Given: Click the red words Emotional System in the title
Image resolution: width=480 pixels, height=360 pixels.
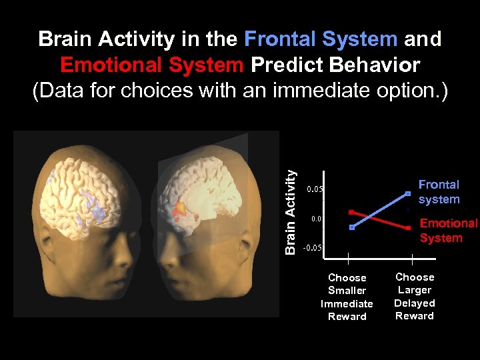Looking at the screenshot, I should coord(152,65).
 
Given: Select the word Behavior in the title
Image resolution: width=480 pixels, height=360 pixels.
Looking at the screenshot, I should coord(378,65).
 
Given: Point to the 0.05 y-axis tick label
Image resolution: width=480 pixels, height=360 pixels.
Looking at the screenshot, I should coord(315,189).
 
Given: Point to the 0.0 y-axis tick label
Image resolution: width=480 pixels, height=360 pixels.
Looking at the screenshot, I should coord(317,219).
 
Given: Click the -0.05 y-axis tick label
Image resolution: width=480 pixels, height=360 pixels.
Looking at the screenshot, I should coord(313,247).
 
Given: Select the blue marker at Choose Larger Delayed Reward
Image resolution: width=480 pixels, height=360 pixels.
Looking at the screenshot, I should coord(408,194).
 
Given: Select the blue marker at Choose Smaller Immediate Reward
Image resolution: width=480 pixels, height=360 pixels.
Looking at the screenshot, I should coord(352,227).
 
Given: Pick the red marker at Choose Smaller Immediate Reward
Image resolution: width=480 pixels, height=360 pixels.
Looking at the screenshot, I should coord(351,212).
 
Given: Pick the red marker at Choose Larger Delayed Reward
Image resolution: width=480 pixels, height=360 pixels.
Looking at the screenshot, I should coord(408,228).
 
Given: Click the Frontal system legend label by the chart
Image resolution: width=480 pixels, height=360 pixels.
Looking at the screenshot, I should coord(439,192).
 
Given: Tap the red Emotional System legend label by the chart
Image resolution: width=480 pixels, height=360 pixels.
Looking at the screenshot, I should coord(448,231).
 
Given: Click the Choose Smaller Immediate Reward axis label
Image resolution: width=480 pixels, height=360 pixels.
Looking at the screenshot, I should coord(347,297).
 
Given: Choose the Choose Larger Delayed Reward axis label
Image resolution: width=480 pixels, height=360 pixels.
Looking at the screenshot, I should coord(415,296).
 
